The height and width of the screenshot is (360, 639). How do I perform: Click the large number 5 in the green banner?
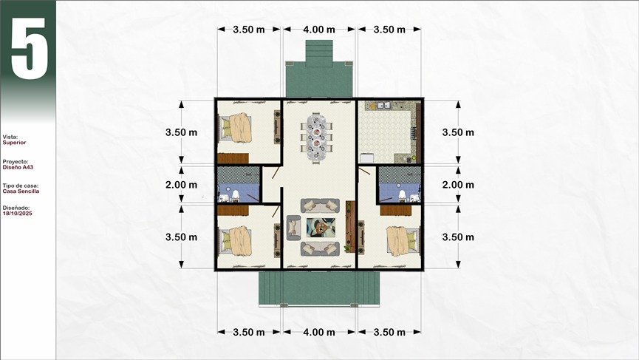(x=29, y=48)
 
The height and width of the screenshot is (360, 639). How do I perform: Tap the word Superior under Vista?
(x=14, y=143)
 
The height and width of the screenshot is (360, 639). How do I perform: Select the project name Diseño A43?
(x=18, y=167)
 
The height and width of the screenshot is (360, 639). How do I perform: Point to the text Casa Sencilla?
(x=21, y=191)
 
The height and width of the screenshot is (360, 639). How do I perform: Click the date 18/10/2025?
(x=17, y=213)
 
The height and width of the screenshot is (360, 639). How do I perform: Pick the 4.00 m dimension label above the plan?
(x=319, y=30)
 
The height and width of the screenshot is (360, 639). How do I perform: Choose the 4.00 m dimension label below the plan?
(x=319, y=332)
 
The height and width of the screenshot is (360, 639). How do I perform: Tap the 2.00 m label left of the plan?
(x=181, y=185)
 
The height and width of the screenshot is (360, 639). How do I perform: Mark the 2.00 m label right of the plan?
(x=458, y=185)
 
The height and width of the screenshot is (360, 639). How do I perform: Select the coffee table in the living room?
(x=321, y=228)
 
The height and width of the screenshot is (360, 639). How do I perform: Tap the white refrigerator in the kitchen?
(x=366, y=157)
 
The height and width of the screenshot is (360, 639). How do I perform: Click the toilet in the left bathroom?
(x=235, y=196)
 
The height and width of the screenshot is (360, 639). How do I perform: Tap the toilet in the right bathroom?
(x=402, y=196)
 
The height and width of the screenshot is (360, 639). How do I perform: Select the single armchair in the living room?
(x=293, y=228)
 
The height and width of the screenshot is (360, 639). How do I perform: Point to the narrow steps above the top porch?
(x=319, y=53)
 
